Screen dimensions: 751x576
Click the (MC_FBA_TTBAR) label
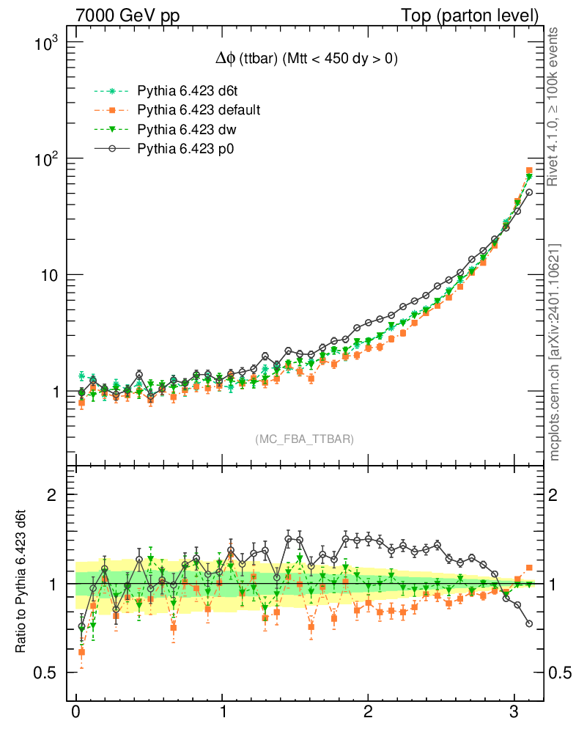click(304, 439)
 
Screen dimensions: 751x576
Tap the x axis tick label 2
click(368, 712)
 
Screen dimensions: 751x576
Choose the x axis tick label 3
click(514, 712)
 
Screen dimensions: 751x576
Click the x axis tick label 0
click(75, 712)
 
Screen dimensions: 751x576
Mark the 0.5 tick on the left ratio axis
click(45, 673)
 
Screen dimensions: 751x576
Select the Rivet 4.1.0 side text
click(555, 106)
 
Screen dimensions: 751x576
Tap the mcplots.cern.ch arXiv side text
click(555, 352)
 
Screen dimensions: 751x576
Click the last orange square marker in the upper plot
click(529, 171)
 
